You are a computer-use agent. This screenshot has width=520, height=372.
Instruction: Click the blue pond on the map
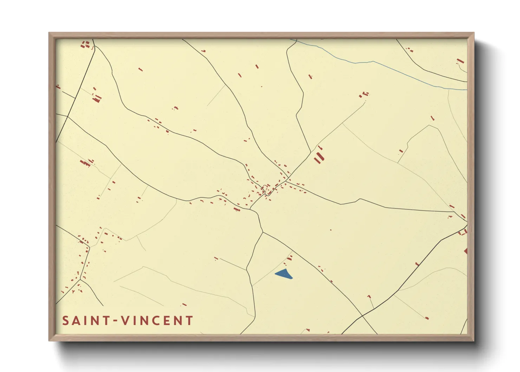point(284,274)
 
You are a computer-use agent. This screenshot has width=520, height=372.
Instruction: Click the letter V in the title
point(124,321)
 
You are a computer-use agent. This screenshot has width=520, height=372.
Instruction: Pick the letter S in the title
point(65,321)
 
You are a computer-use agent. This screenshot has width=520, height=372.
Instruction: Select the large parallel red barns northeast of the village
point(318,156)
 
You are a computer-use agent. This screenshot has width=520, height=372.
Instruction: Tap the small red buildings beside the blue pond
point(289,259)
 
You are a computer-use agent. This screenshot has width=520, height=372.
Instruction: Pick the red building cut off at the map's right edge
point(466,251)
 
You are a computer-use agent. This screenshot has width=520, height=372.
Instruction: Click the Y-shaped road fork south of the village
point(262,232)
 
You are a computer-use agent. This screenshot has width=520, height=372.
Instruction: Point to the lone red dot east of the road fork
point(331,230)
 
